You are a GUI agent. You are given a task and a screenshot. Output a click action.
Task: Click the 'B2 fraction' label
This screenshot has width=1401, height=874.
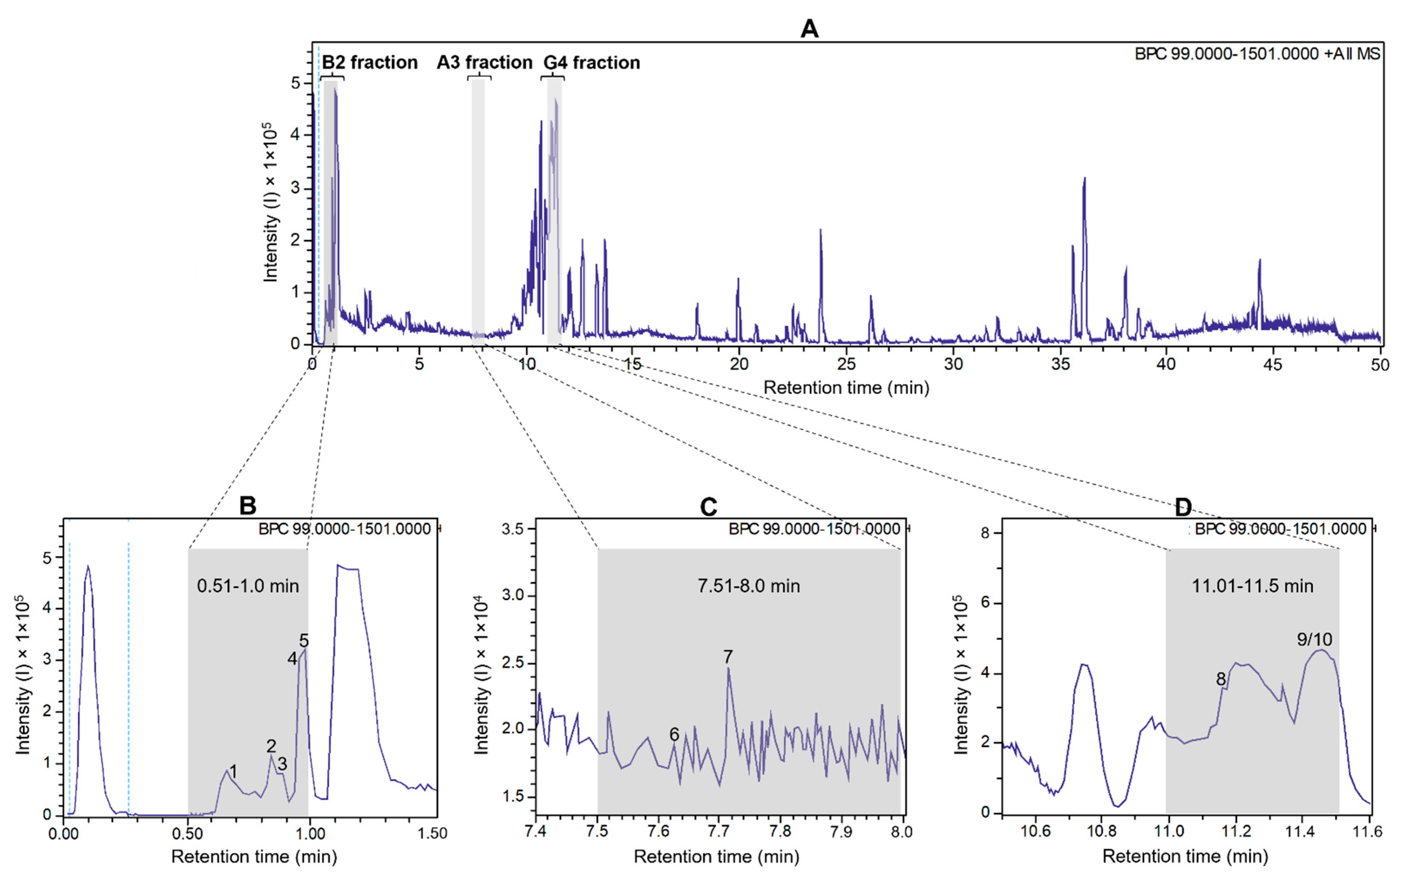point(370,62)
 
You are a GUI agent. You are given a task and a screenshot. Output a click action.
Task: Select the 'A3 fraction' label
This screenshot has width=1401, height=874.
point(484,62)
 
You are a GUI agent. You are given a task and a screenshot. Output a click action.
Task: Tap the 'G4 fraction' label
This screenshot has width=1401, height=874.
point(591,62)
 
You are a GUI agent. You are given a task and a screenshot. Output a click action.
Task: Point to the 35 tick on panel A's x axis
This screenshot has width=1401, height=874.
point(1060,365)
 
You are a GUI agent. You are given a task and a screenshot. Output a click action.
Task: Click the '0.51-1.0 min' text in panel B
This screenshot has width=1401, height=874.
point(248,586)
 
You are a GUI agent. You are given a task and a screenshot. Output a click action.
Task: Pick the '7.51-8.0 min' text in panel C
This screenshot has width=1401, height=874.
point(749,586)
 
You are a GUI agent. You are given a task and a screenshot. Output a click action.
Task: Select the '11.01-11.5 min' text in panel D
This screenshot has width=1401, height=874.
point(1252,586)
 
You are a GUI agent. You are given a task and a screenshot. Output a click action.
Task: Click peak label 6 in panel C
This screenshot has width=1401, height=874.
point(674,734)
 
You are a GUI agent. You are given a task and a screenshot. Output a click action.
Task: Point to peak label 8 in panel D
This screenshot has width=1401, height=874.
point(1221,679)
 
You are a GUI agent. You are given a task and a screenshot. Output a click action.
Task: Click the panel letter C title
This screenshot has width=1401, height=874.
point(708,507)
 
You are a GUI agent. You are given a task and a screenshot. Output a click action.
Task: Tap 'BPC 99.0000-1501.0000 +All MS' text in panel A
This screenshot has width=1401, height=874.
point(1257,54)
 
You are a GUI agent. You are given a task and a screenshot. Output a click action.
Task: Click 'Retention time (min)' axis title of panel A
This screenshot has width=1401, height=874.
point(846,387)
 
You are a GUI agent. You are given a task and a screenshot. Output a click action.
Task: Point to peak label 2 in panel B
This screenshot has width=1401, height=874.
point(271,746)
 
